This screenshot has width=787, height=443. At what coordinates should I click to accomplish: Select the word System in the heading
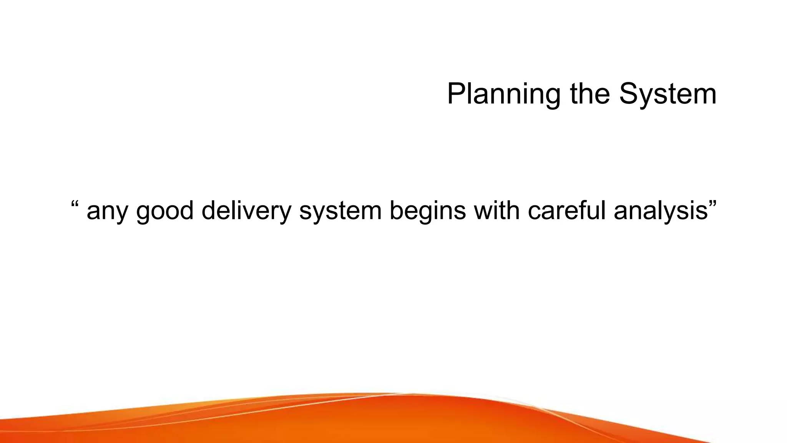pos(668,94)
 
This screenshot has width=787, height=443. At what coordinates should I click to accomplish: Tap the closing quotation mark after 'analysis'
pos(712,203)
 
